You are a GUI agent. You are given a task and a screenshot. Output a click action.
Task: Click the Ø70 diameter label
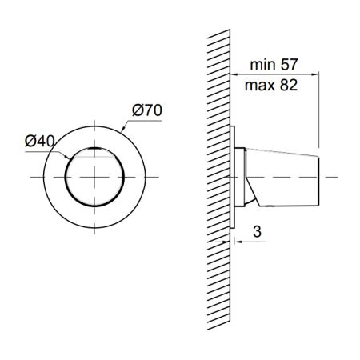(147, 110)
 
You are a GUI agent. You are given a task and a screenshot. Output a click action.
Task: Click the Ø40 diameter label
(40, 141)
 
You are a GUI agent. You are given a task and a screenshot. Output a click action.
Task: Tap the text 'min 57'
(274, 65)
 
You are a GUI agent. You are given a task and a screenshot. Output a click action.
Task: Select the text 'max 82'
(271, 86)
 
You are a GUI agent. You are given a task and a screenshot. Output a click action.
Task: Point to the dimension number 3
(257, 231)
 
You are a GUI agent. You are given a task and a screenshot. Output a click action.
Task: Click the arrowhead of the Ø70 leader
(123, 130)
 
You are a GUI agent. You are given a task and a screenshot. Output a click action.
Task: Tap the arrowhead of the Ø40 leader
(67, 158)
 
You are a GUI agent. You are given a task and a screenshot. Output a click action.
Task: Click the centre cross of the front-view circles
(94, 177)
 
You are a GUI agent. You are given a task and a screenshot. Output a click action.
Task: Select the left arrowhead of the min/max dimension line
(234, 74)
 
